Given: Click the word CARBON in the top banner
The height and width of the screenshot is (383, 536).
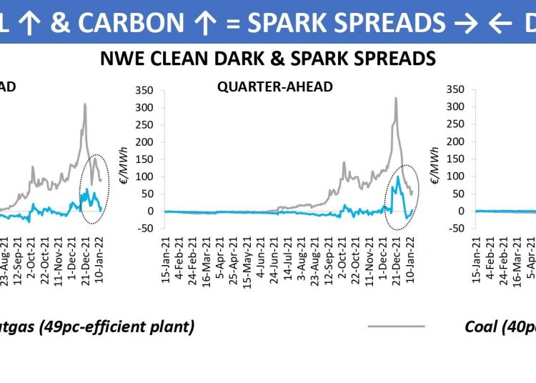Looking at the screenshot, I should point(140,22).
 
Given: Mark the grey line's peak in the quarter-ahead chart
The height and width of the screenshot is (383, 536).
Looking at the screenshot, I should point(396,98).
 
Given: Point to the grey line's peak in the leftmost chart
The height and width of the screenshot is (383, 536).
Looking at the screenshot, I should point(85,104).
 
